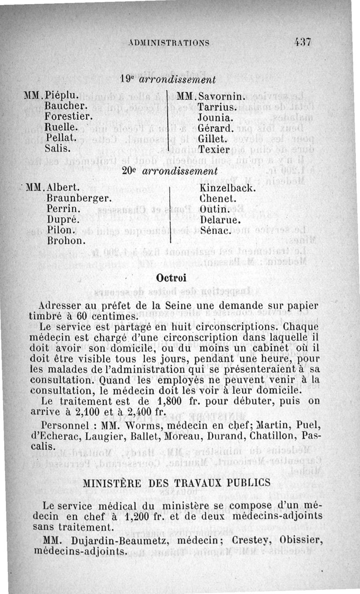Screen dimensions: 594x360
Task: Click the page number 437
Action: tap(302, 42)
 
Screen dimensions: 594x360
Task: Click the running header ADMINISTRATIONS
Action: tap(168, 43)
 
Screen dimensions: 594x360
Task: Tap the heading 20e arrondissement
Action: tap(170, 171)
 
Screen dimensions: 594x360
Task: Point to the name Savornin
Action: tap(221, 97)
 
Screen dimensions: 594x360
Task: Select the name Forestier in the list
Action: tap(69, 116)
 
